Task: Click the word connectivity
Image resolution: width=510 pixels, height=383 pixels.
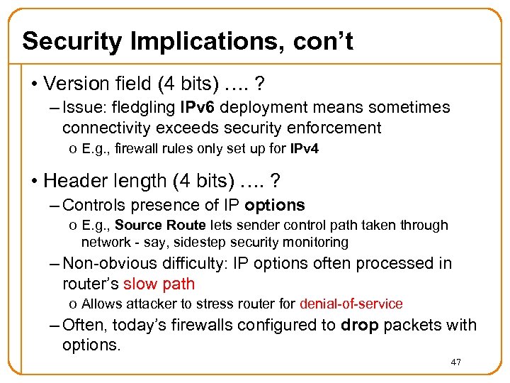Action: pos(104,128)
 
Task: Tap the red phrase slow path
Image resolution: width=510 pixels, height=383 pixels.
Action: pos(159,284)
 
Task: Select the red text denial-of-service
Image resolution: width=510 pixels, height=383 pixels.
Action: pos(351,304)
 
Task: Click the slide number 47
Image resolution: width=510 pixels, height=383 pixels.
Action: pos(455,363)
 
